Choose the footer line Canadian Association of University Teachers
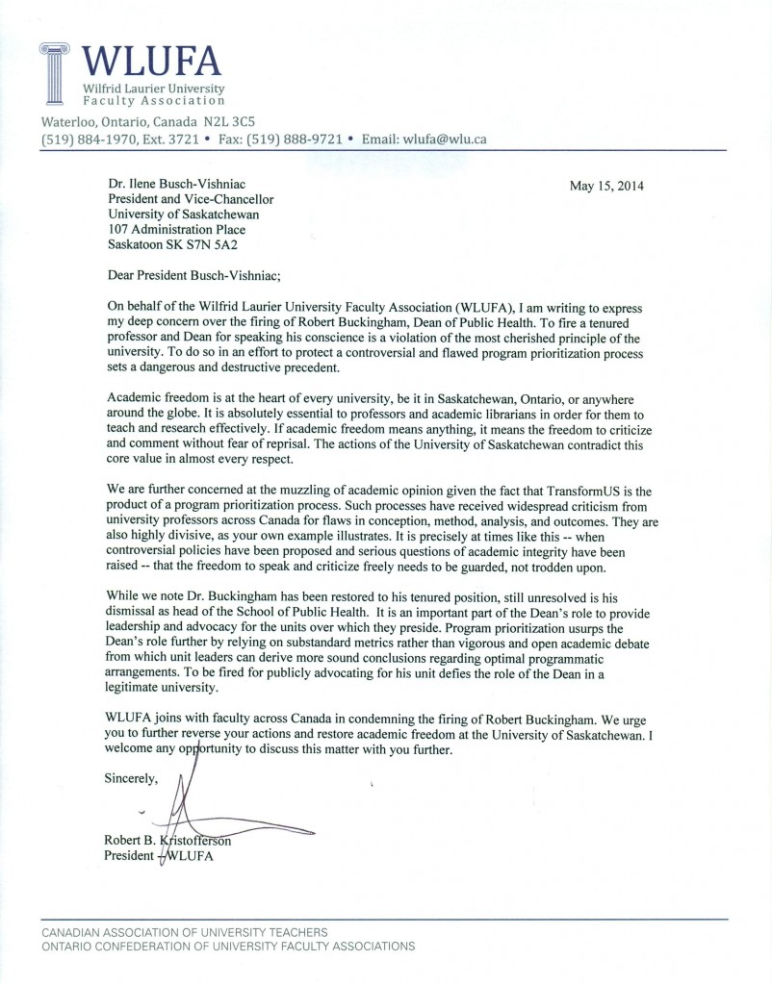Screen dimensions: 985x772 tap(184, 932)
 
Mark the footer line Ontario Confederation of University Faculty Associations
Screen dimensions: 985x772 tap(228, 947)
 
